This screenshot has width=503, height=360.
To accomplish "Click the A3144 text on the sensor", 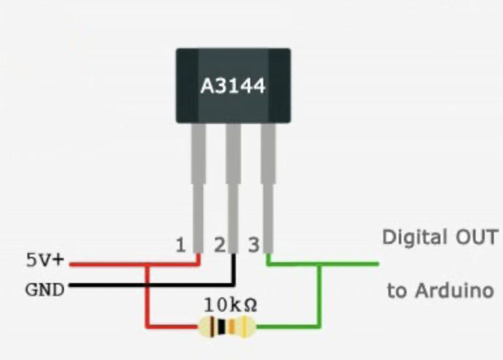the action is point(233,86).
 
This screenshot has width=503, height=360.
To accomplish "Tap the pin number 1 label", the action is point(180,245).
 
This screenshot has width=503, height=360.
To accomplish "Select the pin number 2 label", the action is point(220,245).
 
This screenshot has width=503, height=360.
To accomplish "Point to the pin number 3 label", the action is point(253,245).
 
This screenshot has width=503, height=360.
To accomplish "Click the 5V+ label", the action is point(45,260).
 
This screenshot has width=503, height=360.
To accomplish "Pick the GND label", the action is point(45,290).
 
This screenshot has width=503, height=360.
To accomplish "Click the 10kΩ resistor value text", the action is point(231,305).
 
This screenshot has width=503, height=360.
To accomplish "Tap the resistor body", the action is point(227,327).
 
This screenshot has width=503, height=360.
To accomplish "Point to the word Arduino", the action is point(454,290).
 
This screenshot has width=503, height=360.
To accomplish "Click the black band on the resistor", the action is point(222,327).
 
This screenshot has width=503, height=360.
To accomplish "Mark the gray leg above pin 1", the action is point(198,188).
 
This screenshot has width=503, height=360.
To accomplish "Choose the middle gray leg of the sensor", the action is point(233,188).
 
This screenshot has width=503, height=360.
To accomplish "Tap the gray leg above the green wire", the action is point(268,188).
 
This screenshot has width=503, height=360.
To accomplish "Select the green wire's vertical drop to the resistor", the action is point(319,295).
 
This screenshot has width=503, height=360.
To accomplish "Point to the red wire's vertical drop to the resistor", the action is point(147,295).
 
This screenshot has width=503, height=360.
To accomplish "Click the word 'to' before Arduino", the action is point(397,291).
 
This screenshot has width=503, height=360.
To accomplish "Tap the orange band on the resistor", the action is point(232,327).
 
